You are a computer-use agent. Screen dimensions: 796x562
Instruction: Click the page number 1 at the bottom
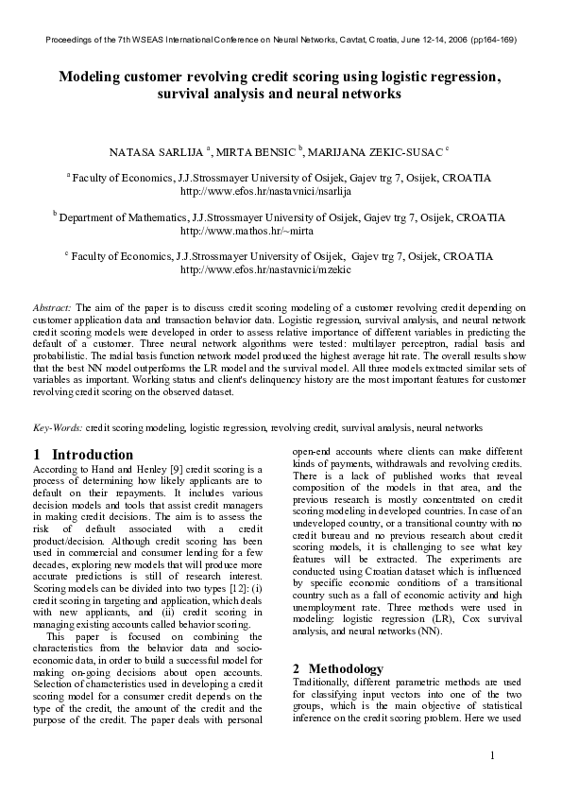point(493,755)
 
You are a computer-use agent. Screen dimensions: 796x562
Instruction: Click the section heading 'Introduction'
point(92,455)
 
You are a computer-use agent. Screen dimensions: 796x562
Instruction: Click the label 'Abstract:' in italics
point(52,308)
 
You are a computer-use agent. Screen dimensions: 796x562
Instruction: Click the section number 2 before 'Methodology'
point(297,668)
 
